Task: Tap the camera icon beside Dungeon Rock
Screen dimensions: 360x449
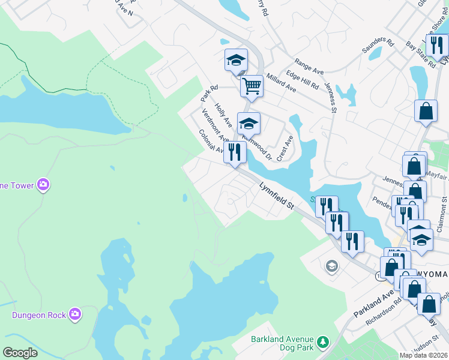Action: tap(74, 314)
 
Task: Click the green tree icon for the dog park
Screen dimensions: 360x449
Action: tap(324, 342)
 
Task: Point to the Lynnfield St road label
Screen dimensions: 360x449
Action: tap(276, 197)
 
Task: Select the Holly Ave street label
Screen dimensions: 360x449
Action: tap(223, 115)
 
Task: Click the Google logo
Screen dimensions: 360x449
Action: tap(20, 353)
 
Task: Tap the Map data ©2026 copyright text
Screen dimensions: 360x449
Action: tap(423, 355)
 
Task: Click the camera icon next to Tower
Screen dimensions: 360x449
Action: tap(43, 185)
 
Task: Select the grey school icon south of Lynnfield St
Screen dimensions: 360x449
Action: tap(332, 266)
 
